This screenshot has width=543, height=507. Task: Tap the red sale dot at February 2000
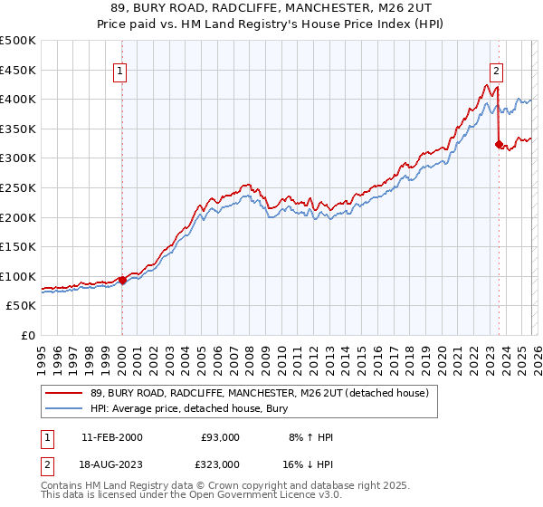coord(122,280)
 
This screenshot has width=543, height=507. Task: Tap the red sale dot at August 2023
coord(499,144)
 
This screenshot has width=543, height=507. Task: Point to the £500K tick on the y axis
coord(18,41)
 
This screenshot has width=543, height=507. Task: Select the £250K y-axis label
coord(18,187)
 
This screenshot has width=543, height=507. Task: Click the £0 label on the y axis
coord(28,335)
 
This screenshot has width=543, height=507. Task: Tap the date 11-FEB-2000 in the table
coord(111,436)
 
